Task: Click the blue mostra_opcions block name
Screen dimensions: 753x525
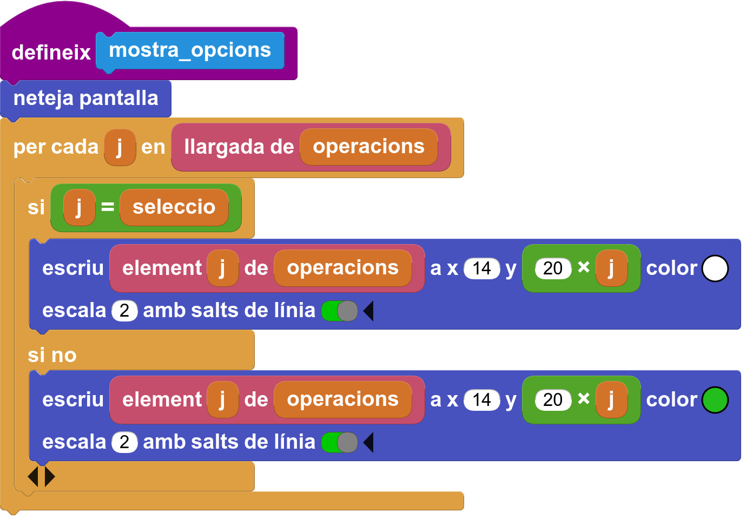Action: (x=190, y=51)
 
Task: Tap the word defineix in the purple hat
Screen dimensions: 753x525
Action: (x=51, y=52)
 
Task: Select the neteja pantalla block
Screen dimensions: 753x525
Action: (x=85, y=99)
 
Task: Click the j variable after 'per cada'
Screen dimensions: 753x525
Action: (x=120, y=147)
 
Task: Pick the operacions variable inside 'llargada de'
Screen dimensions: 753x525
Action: (x=369, y=147)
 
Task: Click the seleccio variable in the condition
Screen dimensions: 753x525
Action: (x=174, y=207)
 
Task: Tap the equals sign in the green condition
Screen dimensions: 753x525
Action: (x=108, y=207)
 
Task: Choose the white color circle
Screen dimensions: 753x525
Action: (x=715, y=268)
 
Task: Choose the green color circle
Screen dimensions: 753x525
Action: (x=715, y=400)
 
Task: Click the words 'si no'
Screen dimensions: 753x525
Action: (x=52, y=355)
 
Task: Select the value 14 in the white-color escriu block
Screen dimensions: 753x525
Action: (x=482, y=268)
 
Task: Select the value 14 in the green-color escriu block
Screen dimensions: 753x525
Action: (x=482, y=400)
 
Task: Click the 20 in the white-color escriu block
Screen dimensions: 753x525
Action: (x=553, y=268)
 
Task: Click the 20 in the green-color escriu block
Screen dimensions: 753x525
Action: (x=553, y=400)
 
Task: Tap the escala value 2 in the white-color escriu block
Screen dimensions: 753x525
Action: (x=124, y=311)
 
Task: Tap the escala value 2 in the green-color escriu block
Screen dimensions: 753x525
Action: (x=124, y=442)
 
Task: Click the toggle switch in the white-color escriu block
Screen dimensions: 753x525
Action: (x=340, y=311)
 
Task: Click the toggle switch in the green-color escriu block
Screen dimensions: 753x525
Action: (x=340, y=443)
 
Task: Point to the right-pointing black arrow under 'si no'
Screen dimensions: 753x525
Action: (x=49, y=476)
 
